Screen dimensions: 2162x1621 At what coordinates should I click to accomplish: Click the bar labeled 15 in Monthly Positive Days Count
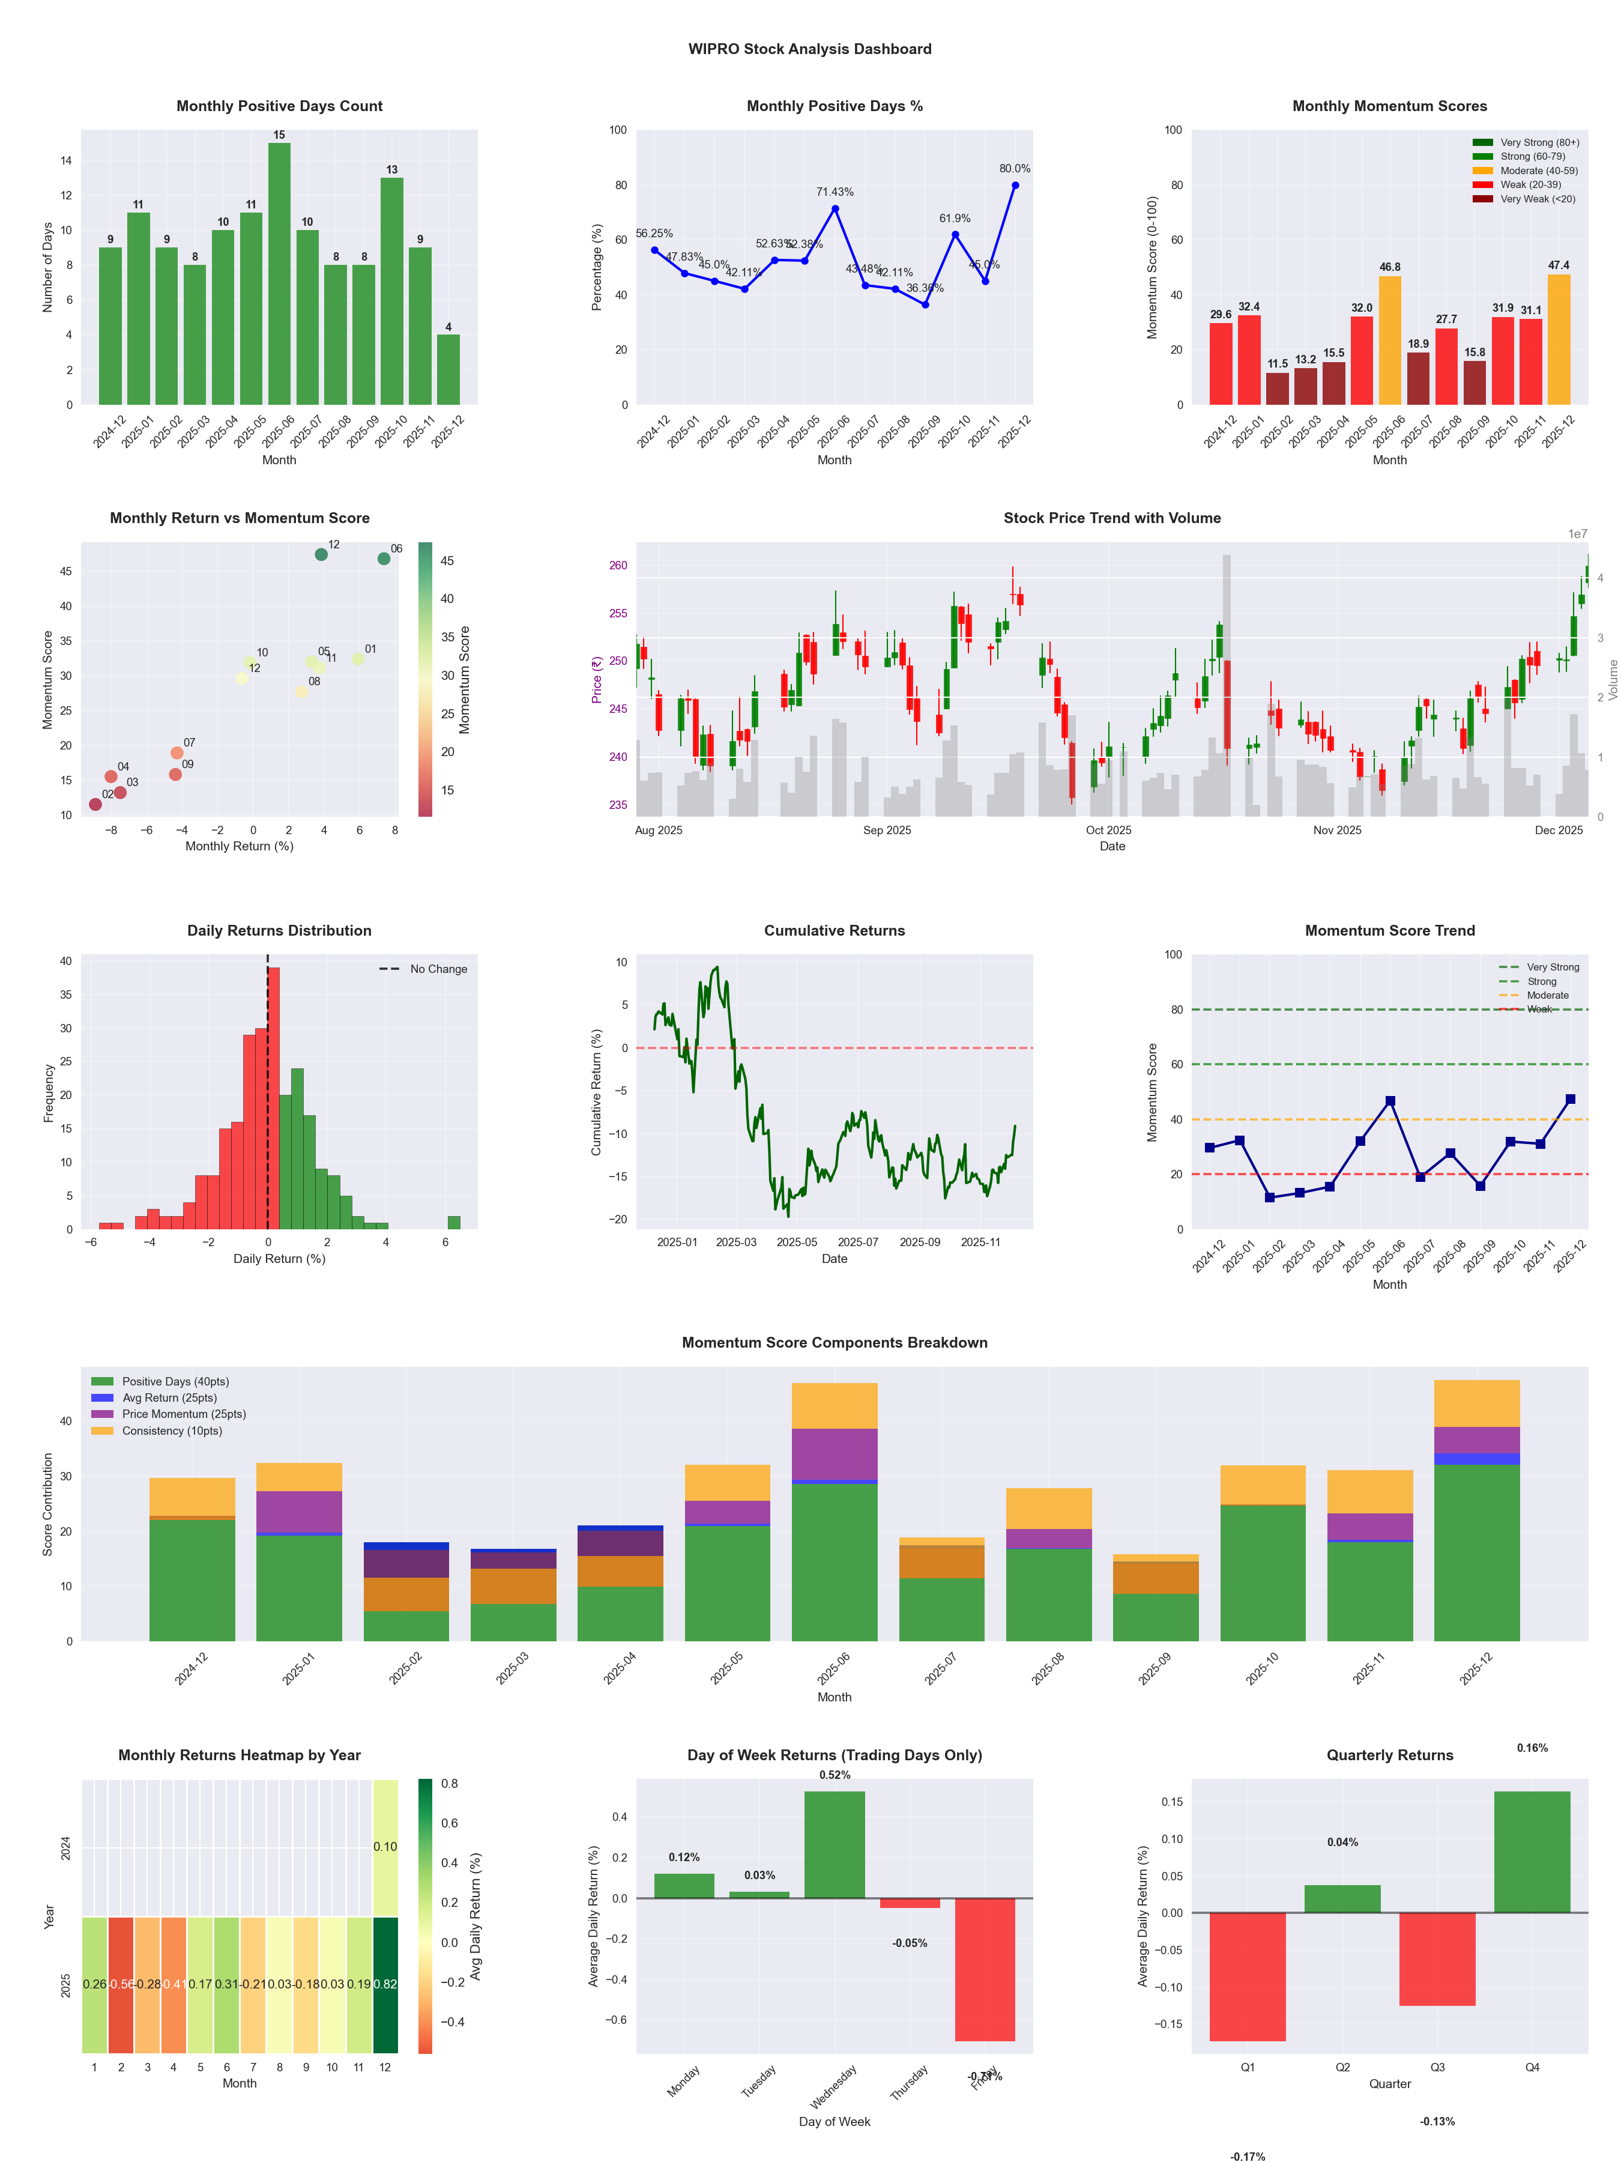click(x=279, y=274)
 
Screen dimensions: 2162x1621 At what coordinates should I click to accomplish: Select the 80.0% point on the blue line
click(x=1015, y=186)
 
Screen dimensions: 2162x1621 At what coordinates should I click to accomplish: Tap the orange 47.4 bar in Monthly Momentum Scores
click(x=1559, y=339)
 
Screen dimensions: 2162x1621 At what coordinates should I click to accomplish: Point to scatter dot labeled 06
click(x=384, y=559)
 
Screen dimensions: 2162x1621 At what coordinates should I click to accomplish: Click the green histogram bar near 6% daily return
click(x=453, y=1223)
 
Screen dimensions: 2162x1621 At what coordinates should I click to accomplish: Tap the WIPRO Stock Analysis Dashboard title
click(x=809, y=49)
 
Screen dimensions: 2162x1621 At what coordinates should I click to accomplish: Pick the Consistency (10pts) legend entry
click(x=171, y=1431)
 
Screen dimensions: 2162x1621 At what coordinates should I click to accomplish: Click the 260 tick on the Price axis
click(x=618, y=566)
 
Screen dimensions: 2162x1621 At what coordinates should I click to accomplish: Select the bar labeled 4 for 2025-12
click(x=448, y=369)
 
